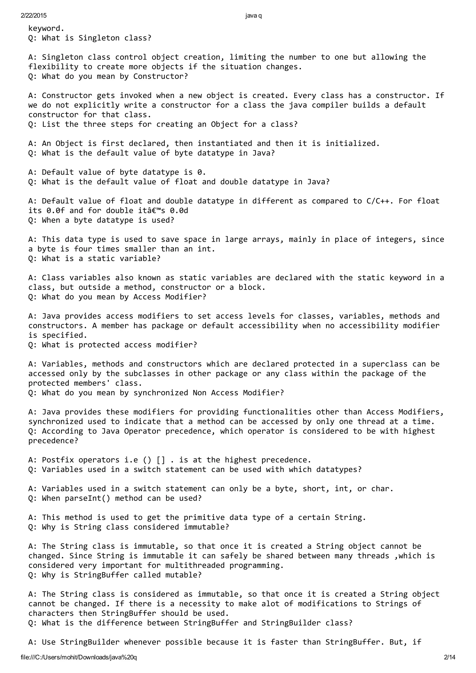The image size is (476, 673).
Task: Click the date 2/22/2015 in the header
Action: [33, 16]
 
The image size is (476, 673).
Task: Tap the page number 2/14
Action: [450, 657]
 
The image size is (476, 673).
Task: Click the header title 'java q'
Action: [253, 16]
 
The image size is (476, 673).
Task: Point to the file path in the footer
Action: [79, 657]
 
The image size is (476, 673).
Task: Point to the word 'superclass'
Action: [385, 364]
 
